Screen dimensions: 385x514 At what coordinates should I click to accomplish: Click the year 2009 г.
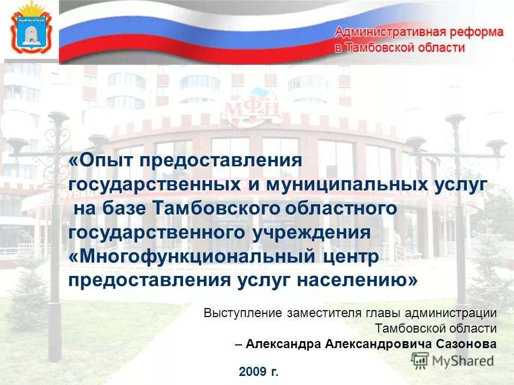[259, 371]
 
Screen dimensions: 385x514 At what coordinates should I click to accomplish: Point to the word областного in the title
[346, 209]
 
